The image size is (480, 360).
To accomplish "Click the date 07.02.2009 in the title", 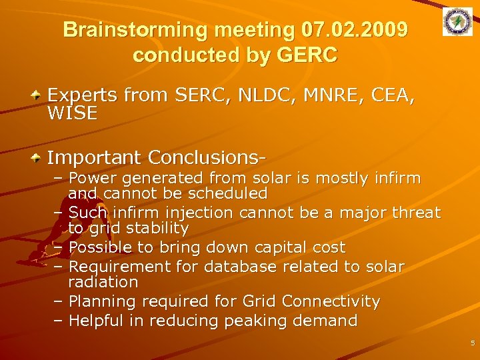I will pyautogui.click(x=355, y=31).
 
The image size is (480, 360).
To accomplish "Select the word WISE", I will pyautogui.click(x=72, y=114).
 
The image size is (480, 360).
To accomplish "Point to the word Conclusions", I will pyautogui.click(x=207, y=158).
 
